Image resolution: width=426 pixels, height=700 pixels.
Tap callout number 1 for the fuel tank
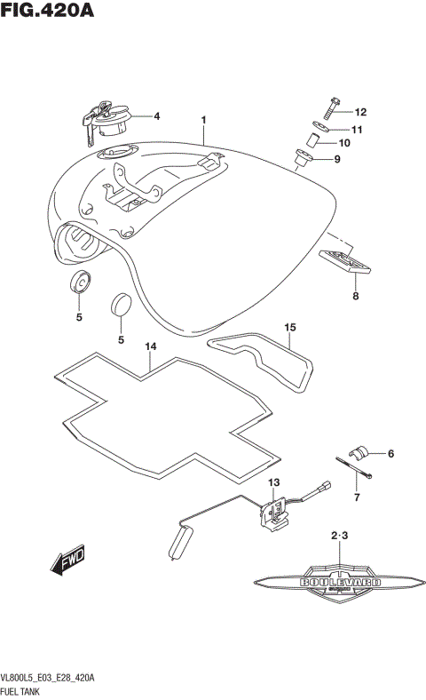[x=203, y=119]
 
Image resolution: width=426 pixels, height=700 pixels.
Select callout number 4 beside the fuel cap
[x=156, y=116]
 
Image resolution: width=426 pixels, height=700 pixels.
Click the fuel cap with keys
[x=106, y=118]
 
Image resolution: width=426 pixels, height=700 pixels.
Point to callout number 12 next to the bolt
[x=360, y=113]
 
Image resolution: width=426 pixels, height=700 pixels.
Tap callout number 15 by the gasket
[x=289, y=328]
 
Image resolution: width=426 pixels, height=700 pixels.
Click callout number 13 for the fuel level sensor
[x=273, y=481]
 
